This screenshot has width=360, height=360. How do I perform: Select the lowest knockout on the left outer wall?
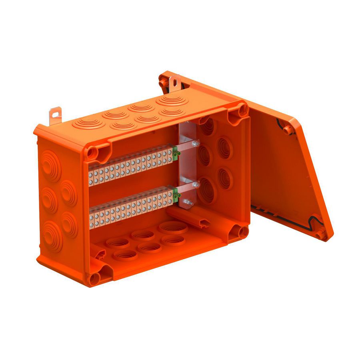click(x=52, y=236)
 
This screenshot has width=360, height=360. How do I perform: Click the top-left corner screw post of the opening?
click(x=95, y=152)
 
